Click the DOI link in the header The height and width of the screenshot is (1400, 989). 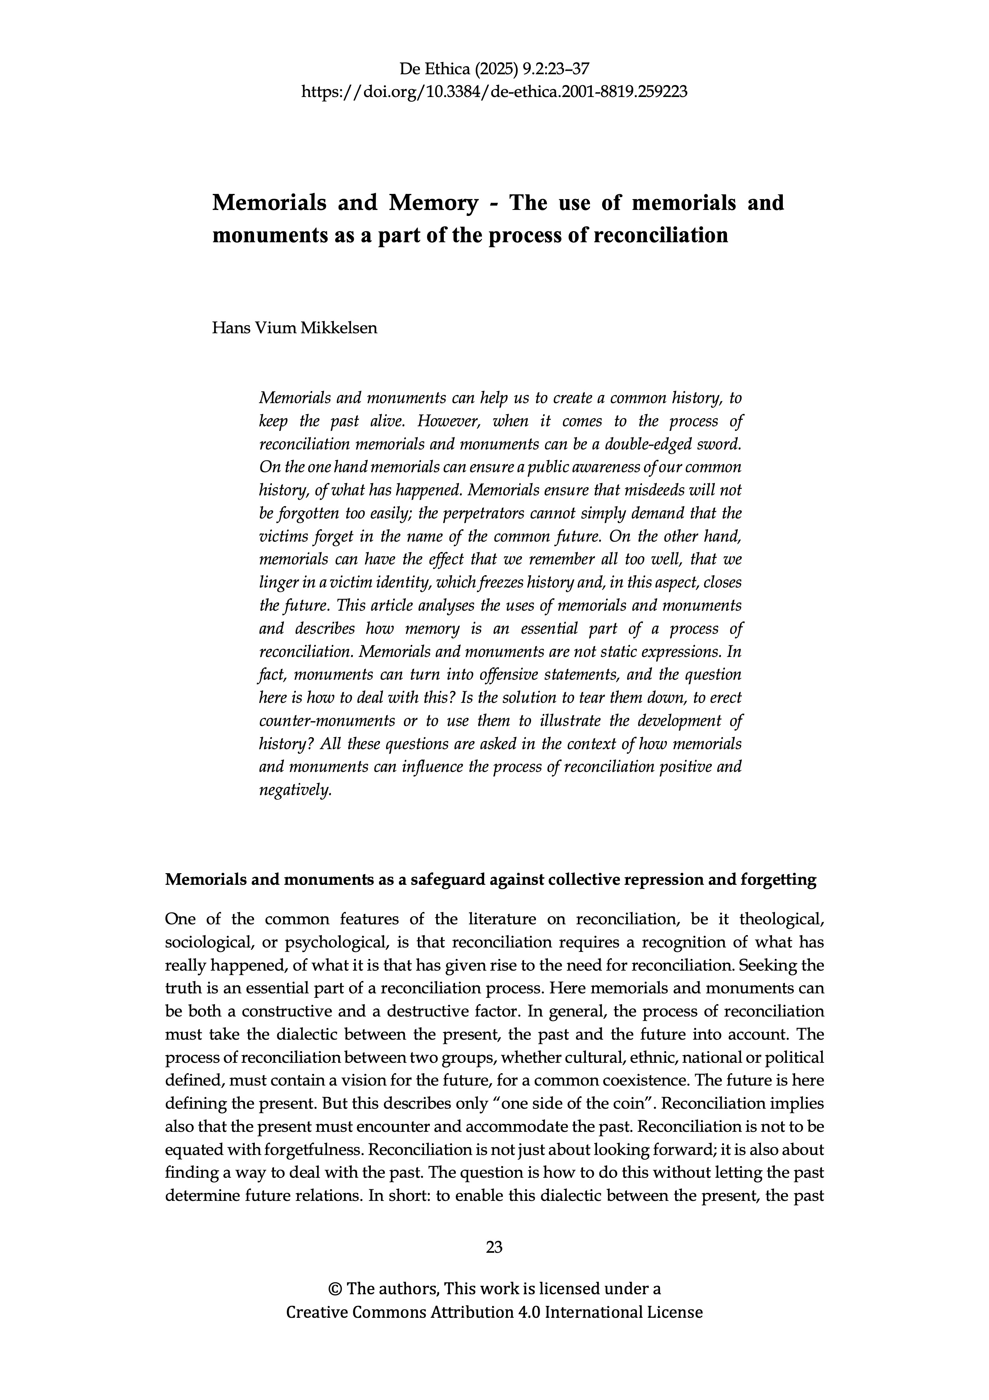(x=494, y=92)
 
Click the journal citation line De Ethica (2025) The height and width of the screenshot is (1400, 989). (x=494, y=68)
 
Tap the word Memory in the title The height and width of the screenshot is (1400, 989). (x=433, y=202)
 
